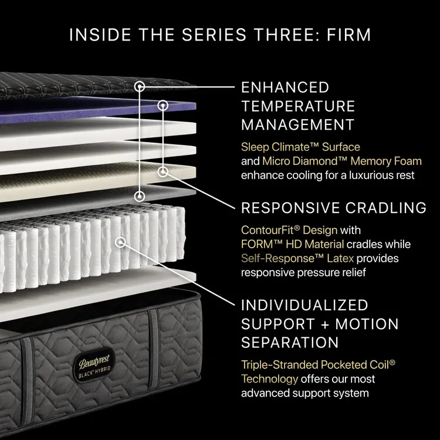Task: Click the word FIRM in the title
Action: point(348,35)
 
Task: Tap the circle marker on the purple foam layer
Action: point(163,106)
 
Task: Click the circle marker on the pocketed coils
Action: point(120,242)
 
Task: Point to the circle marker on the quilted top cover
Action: point(140,86)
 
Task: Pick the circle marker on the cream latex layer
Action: point(163,172)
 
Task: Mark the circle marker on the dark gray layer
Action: point(140,196)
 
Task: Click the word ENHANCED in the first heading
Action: point(285,87)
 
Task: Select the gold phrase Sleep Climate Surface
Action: point(300,147)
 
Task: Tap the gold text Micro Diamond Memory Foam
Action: point(342,161)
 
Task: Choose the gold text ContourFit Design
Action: point(289,230)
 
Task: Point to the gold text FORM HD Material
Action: point(292,244)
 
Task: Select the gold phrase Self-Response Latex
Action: point(297,258)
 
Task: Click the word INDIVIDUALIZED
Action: point(304,305)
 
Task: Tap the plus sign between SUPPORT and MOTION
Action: point(324,324)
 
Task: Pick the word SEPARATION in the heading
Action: point(290,343)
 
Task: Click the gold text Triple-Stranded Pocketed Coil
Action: point(318,365)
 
